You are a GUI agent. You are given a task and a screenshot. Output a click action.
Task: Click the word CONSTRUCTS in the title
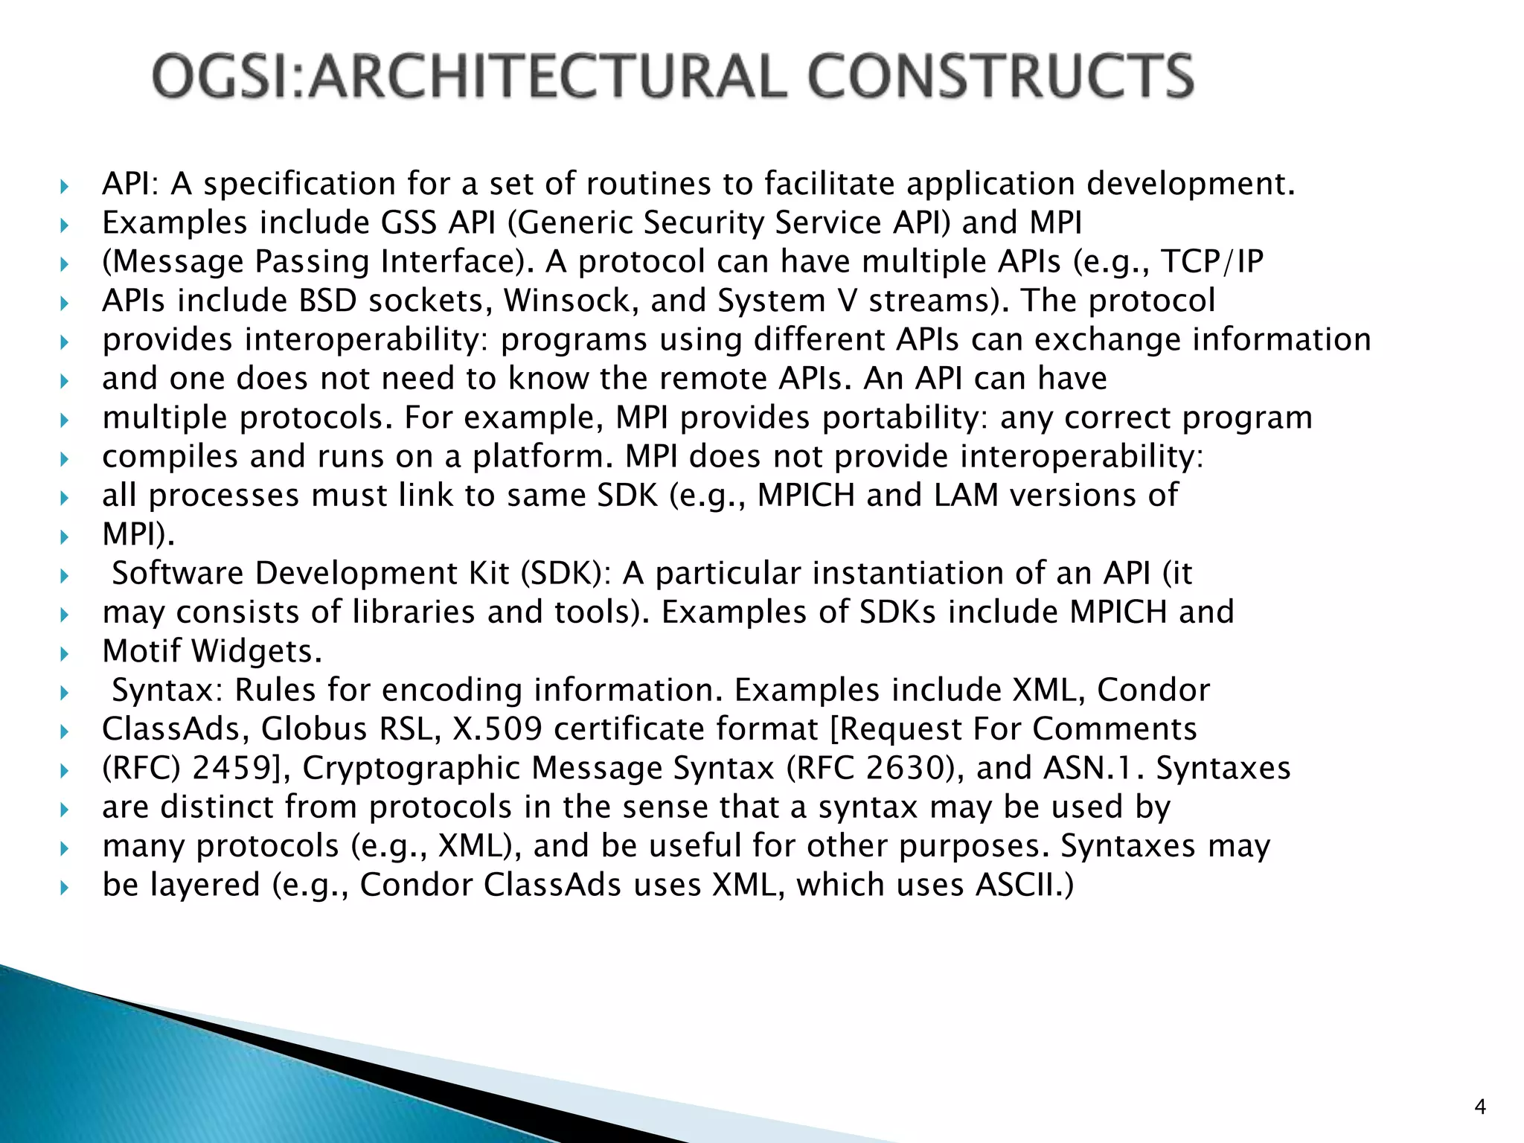click(1001, 76)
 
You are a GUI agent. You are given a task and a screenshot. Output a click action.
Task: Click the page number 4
click(1480, 1107)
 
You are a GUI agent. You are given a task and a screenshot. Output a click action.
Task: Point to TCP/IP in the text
click(1212, 262)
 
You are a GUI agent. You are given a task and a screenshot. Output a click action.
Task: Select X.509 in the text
click(497, 729)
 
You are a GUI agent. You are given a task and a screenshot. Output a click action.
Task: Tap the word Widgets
click(257, 652)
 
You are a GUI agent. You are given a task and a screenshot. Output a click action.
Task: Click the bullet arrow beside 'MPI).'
click(65, 537)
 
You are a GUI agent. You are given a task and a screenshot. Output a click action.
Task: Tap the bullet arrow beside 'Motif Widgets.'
click(65, 653)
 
